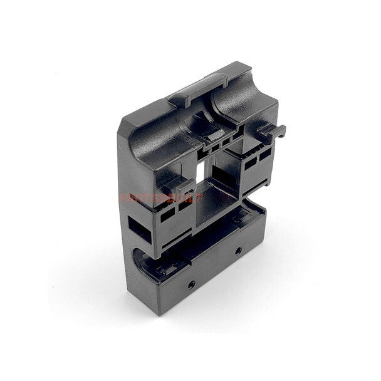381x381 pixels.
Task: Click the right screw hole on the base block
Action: point(238,250)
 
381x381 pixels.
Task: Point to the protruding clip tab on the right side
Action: point(272,131)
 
